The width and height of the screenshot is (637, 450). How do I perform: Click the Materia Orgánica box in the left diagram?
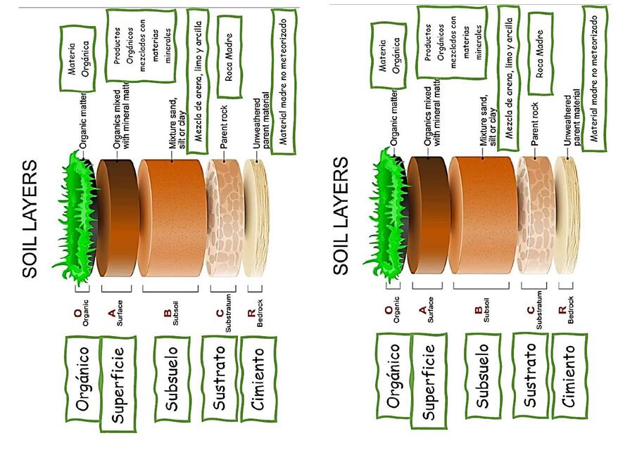click(80, 58)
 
